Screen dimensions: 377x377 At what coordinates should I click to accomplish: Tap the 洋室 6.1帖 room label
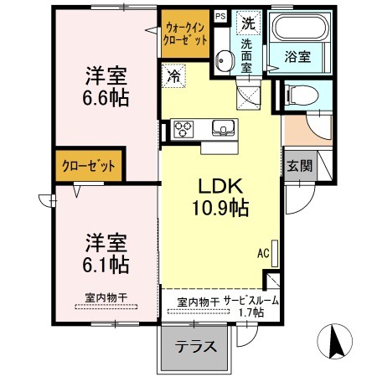pos(105,254)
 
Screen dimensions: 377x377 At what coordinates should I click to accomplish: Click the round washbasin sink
pos(224,60)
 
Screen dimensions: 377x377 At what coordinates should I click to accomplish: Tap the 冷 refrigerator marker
pos(174,74)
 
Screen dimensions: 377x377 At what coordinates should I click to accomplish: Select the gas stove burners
pos(183,129)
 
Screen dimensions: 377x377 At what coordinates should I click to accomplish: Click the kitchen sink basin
pos(224,128)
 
